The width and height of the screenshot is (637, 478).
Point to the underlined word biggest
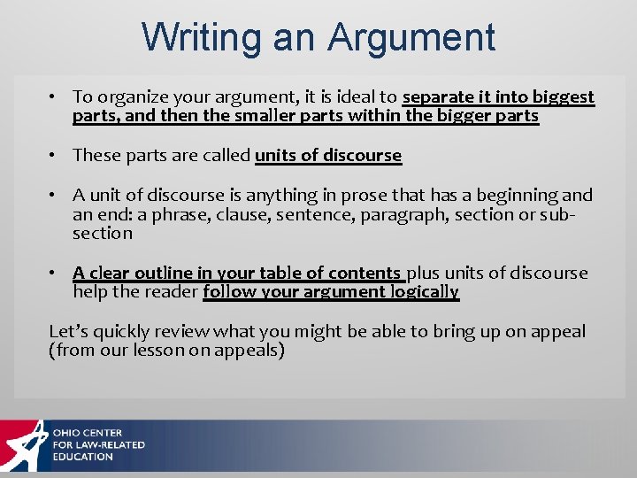pyautogui.click(x=564, y=97)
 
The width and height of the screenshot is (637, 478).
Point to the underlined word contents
pyautogui.click(x=367, y=273)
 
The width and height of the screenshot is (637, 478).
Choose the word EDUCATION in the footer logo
pyautogui.click(x=82, y=457)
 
